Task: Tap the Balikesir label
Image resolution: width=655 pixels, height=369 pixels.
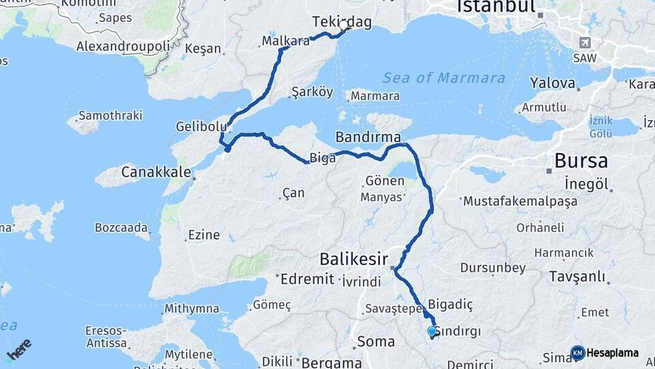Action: [x=353, y=260]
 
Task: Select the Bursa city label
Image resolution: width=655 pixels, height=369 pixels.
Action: [x=581, y=161]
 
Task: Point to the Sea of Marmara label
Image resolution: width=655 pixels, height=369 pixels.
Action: [x=443, y=78]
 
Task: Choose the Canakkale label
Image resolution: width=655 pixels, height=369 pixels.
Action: [x=156, y=172]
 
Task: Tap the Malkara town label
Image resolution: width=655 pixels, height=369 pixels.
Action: [x=286, y=42]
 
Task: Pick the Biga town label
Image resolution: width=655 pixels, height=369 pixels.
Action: [x=323, y=159]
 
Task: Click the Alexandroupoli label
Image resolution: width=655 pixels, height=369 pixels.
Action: [x=123, y=46]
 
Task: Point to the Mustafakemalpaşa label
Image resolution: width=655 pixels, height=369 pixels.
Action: [x=520, y=202]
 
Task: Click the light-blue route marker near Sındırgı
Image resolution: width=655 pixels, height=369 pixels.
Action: [x=431, y=331]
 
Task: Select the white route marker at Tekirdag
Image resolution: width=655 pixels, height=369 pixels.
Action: [x=345, y=28]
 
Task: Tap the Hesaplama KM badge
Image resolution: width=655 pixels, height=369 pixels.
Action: [x=605, y=353]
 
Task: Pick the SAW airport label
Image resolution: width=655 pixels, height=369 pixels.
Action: [x=583, y=59]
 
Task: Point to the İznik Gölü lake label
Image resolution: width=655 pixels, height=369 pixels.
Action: [x=601, y=126]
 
